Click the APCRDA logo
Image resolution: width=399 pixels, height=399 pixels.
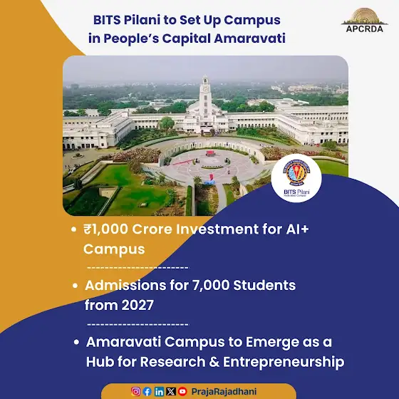point(364,21)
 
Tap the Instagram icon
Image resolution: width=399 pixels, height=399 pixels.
point(135,391)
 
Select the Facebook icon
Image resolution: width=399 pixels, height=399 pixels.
point(147,391)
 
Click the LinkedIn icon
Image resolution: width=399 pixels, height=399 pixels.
point(159,391)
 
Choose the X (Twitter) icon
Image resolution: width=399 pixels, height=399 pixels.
point(171,391)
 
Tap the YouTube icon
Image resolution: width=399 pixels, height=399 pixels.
point(182,391)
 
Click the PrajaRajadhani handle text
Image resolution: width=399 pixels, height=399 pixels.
point(224,392)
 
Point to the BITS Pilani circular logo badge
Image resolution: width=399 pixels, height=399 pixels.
point(296,178)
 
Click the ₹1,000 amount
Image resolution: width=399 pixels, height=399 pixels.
point(106,229)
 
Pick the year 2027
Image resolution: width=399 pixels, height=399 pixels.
point(138,305)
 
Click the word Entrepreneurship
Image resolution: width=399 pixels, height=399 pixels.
point(284,363)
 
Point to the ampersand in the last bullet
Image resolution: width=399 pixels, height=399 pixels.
point(214,362)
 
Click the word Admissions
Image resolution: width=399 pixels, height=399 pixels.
point(125,285)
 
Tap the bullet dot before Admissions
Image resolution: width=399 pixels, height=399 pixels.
point(75,286)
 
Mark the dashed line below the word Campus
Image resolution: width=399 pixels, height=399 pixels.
point(138,268)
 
